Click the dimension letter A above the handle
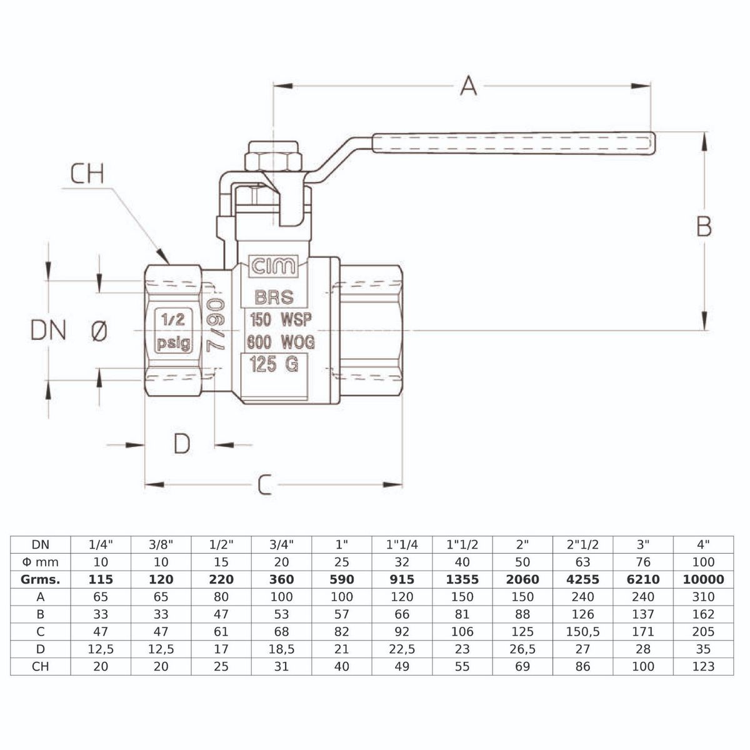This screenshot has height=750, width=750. tap(468, 85)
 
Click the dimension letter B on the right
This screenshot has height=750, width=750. tap(704, 226)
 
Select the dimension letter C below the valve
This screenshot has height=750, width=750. tap(265, 484)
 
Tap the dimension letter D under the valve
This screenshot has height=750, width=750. tap(181, 444)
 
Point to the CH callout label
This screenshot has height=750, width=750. tap(87, 174)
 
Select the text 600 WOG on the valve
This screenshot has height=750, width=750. tap(281, 342)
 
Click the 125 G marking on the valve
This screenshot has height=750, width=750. tap(273, 364)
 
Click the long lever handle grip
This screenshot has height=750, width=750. tap(512, 143)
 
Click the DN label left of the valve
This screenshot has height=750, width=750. tap(49, 330)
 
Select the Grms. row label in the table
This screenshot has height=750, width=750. tap(41, 579)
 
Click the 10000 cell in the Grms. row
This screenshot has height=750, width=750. tap(703, 579)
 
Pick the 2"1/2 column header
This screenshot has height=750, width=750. tap(582, 544)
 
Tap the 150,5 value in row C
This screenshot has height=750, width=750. tap(582, 632)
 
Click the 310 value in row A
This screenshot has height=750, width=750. tap(703, 597)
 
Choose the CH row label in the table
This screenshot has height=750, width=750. tap(41, 666)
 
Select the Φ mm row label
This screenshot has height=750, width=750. tap(41, 562)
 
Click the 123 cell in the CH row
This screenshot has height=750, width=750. tap(703, 666)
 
